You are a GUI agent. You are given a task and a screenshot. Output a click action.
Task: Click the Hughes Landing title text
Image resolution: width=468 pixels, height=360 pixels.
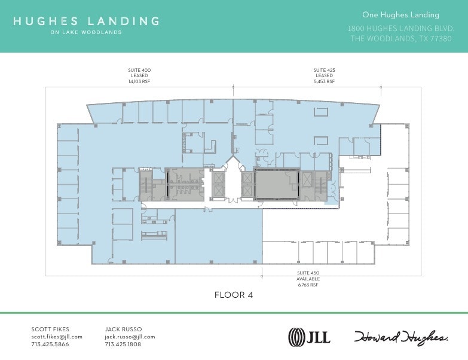click(85, 21)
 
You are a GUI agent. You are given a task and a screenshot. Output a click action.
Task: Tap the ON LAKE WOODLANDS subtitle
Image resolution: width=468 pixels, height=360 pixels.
click(85, 32)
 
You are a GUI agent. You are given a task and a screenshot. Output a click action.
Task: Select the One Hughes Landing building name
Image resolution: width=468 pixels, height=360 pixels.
click(400, 15)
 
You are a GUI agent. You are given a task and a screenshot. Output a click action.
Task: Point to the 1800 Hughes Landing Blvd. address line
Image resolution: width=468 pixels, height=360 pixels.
click(400, 28)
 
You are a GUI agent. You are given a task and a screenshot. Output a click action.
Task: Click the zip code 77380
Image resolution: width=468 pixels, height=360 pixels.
click(443, 38)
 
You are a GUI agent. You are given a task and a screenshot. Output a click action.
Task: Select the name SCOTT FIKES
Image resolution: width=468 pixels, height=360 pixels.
click(50, 329)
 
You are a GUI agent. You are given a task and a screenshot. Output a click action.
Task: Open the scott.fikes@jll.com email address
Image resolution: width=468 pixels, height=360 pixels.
click(57, 337)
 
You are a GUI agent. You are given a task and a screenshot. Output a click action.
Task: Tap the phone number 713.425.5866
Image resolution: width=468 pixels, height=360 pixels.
click(50, 344)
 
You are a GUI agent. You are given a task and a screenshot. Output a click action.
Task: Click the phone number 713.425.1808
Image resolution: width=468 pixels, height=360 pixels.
click(123, 344)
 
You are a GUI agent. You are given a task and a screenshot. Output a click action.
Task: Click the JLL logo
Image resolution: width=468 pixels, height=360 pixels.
click(309, 337)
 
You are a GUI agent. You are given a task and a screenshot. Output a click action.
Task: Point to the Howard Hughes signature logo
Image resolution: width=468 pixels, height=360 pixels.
click(401, 337)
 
